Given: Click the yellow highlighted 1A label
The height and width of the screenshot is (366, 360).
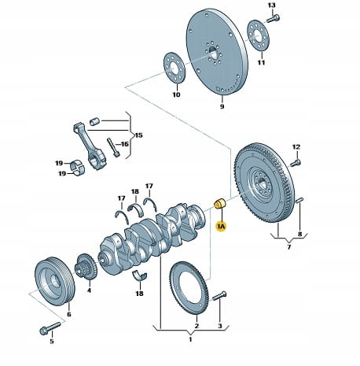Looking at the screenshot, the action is pyautogui.click(x=221, y=226).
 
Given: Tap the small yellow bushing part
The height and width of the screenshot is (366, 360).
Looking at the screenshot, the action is pyautogui.click(x=220, y=204).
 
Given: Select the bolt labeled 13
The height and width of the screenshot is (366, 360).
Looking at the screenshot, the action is pyautogui.click(x=273, y=19).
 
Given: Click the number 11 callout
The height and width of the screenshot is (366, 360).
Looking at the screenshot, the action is pyautogui.click(x=261, y=62).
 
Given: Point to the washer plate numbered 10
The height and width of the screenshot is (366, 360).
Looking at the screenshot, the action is pyautogui.click(x=174, y=67).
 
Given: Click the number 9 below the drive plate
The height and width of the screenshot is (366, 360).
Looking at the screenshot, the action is pyautogui.click(x=222, y=106).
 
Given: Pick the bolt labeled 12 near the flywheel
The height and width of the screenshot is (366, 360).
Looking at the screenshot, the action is pyautogui.click(x=296, y=163).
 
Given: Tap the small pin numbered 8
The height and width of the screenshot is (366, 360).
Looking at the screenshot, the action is pyautogui.click(x=299, y=200).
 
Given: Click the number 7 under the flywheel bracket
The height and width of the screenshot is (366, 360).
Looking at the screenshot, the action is pyautogui.click(x=289, y=247).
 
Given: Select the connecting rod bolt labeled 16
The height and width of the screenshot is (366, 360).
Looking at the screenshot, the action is pyautogui.click(x=113, y=147).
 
